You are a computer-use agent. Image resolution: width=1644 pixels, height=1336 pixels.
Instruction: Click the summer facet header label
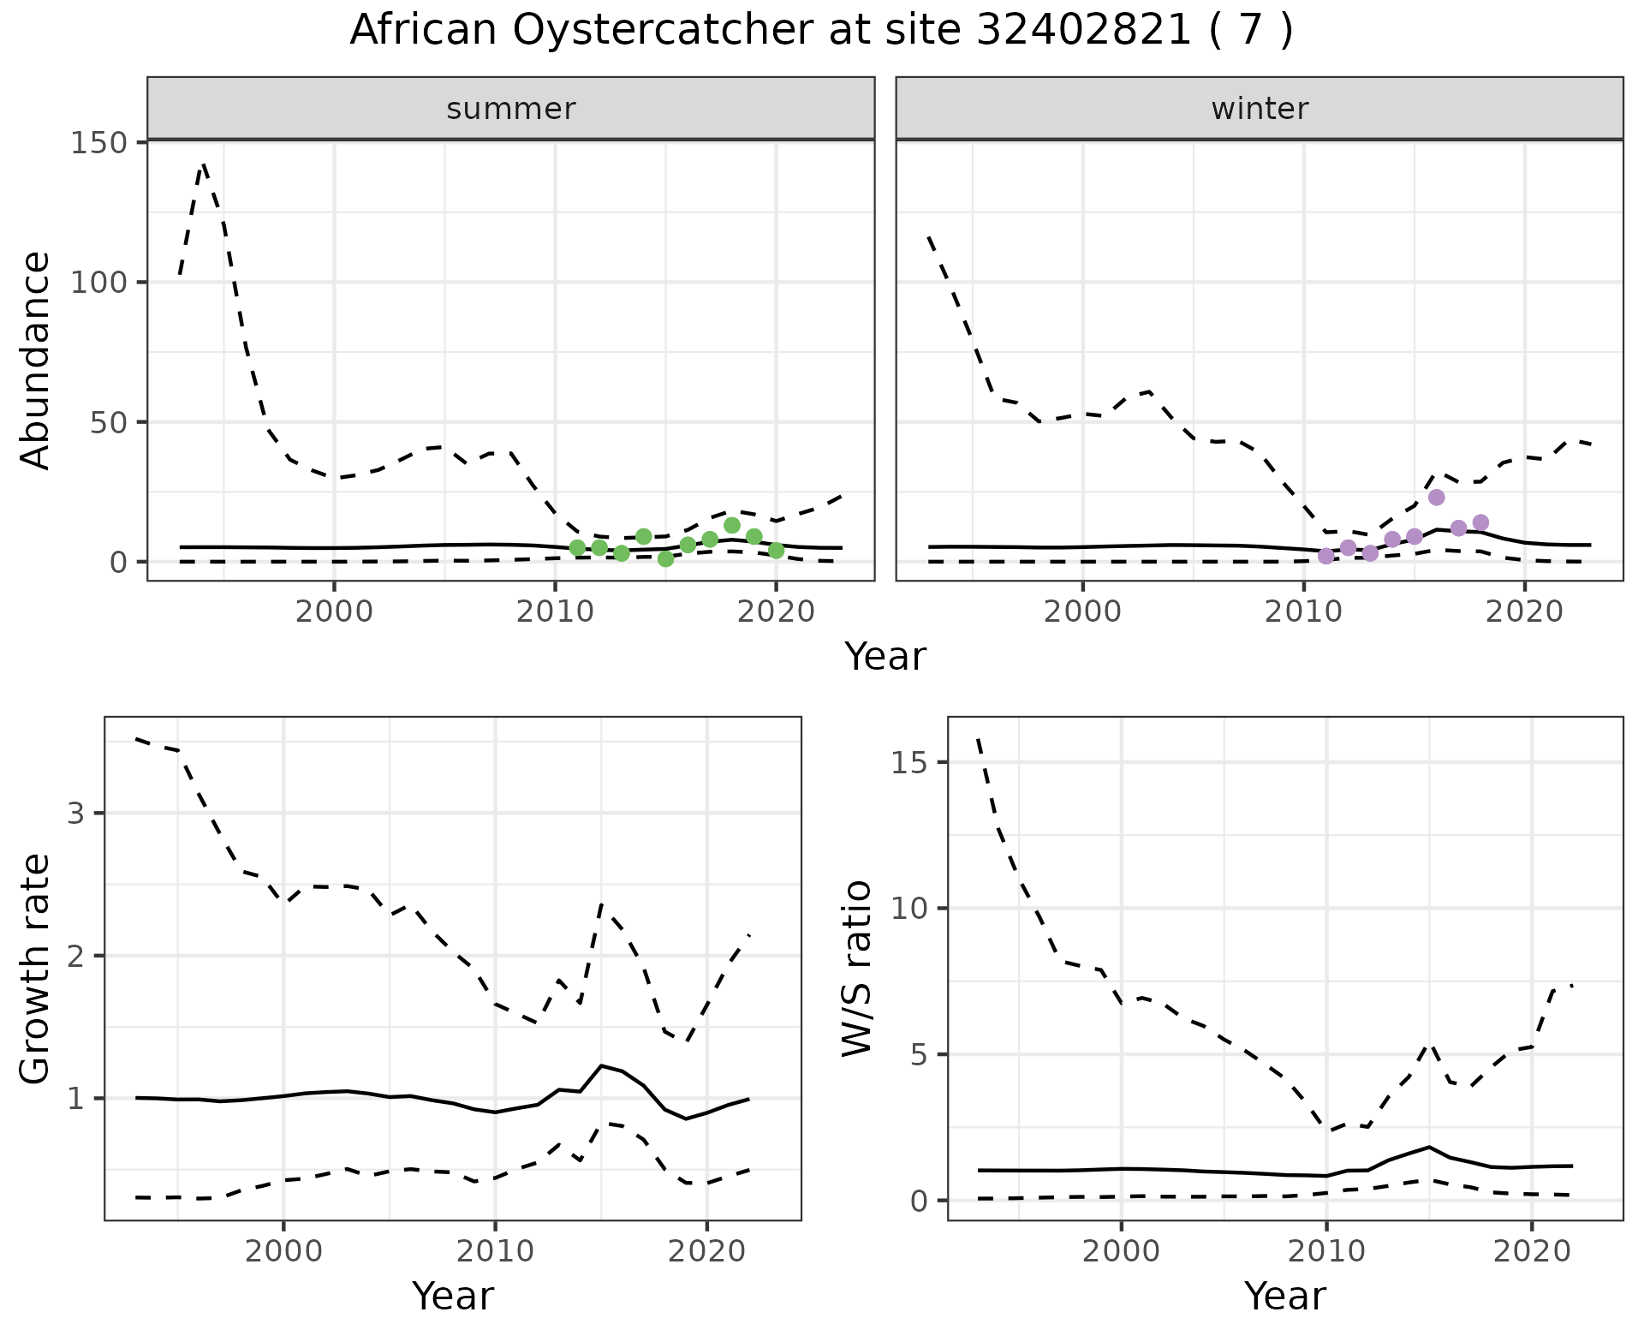pos(510,109)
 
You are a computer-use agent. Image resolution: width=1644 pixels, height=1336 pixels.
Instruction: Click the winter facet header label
pos(1259,109)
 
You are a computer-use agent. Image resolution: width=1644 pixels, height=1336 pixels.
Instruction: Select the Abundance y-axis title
pos(35,360)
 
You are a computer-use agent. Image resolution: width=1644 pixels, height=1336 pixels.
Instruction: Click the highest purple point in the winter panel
pos(1437,498)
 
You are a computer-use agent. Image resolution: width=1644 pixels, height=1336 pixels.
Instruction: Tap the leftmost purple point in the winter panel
pos(1326,556)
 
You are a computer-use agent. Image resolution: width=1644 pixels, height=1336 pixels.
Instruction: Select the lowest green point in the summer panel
pos(666,559)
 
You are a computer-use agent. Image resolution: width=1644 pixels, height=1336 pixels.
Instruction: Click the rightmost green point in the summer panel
pos(776,551)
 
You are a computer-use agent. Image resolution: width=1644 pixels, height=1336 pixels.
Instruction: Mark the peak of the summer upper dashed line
pos(204,164)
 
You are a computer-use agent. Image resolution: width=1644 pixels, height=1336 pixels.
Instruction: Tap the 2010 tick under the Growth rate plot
pos(495,1250)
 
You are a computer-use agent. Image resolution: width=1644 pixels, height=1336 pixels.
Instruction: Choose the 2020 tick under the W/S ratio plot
pos(1531,1250)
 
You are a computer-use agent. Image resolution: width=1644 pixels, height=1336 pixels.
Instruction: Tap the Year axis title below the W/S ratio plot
pos(1284,1296)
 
